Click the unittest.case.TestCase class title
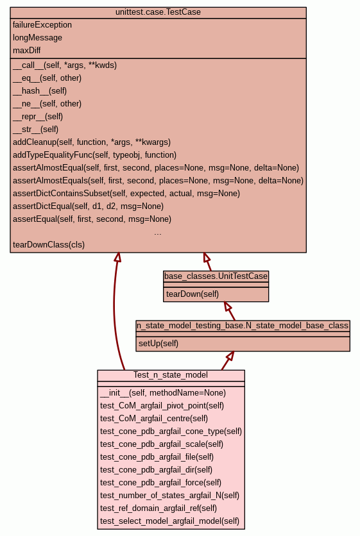pos(158,12)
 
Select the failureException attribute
pos(42,25)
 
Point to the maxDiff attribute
pos(27,51)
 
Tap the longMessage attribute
pos(38,38)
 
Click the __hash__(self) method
pos(40,91)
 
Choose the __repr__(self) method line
pos(38,117)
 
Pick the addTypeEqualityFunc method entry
pos(95,155)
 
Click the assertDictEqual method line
pos(89,206)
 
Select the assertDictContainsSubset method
pos(126,194)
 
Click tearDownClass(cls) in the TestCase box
pos(49,245)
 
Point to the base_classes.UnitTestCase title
pos(216,276)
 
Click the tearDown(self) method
pos(193,294)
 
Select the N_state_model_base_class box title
pos(243,326)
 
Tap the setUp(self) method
pos(159,343)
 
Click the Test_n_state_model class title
pos(171,375)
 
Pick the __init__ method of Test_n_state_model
pos(163,393)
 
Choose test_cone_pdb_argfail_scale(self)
pos(162,444)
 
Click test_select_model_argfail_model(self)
pos(170,521)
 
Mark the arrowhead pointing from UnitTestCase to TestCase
pos(207,257)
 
